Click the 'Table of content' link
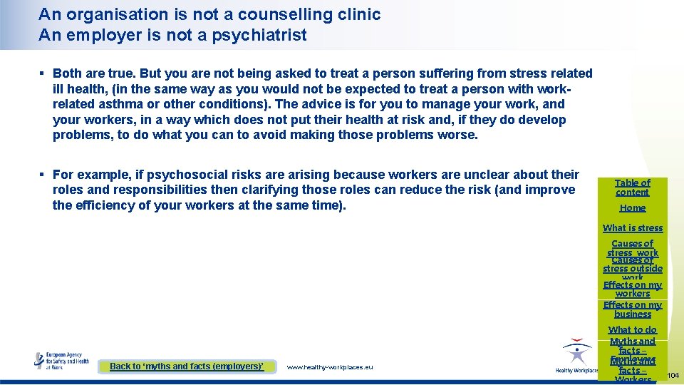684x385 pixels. tap(633, 188)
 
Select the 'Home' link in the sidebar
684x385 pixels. tap(633, 208)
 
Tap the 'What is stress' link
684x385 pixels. tap(633, 228)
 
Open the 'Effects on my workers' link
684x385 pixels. tap(633, 289)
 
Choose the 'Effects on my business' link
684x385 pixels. tap(633, 309)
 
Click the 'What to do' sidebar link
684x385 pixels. tap(633, 330)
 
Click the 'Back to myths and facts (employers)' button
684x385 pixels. tap(187, 366)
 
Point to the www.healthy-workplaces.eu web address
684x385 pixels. tap(329, 367)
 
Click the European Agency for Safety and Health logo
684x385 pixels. tap(63, 360)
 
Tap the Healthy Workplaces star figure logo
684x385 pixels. tap(576, 354)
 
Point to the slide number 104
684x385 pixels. tap(673, 375)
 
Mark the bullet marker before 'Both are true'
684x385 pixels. tap(43, 73)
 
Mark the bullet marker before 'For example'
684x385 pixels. tap(43, 175)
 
